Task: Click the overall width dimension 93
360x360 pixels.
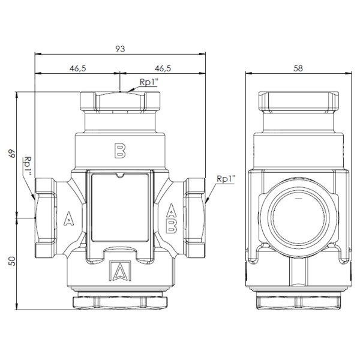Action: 120,49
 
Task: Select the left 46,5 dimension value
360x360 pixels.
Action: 78,68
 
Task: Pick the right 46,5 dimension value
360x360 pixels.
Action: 163,68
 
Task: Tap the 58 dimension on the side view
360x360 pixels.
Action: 298,68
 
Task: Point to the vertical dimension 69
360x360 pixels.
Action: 12,154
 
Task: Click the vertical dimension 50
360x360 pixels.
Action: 12,261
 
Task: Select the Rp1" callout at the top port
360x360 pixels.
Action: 149,82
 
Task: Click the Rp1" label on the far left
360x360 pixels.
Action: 28,166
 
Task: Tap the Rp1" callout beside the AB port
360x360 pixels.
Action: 226,179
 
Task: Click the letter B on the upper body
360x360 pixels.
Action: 120,151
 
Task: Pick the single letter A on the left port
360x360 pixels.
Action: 68,218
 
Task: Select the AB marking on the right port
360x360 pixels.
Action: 171,218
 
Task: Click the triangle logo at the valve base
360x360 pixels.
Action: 120,271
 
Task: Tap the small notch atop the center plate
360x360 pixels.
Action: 119,175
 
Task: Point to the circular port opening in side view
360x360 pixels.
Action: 299,218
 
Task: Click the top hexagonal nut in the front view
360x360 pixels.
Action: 120,101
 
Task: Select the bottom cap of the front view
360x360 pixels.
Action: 120,302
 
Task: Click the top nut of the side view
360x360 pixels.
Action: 298,101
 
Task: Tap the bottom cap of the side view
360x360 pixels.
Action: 298,303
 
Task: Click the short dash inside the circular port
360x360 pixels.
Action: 298,198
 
